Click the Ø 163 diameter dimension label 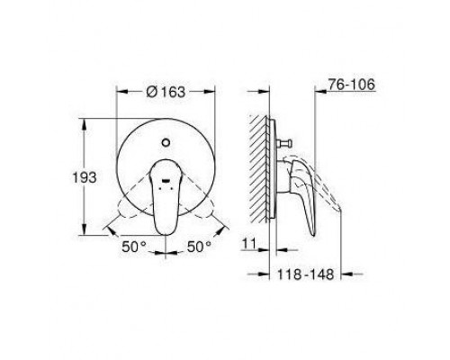pos(166,92)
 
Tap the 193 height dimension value pos(85,177)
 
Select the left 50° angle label pos(134,247)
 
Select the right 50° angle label pos(199,247)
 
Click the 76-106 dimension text pos(351,85)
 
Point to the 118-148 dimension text pos(305,274)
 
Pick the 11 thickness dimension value pos(249,244)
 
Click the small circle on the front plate pos(166,142)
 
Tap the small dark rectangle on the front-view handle pos(166,181)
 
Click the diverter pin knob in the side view pos(285,143)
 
